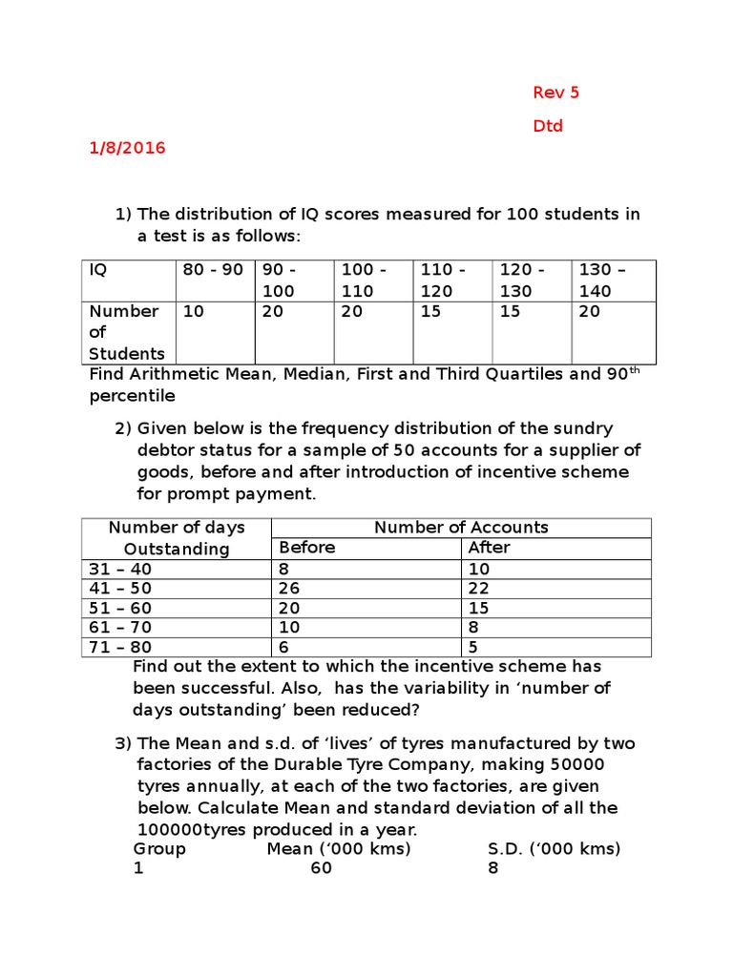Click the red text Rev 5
555,93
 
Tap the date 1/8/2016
127,148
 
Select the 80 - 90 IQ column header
213,270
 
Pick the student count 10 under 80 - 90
193,312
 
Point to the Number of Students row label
125,332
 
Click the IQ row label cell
98,270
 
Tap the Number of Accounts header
461,527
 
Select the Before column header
306,548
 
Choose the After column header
489,548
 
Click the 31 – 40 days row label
120,569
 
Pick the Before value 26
288,589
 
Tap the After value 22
479,589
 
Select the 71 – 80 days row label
120,647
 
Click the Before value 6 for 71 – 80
283,647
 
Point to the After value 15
479,608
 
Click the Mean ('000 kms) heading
338,848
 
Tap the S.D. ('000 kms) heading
554,848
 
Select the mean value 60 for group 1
321,869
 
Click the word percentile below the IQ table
133,395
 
